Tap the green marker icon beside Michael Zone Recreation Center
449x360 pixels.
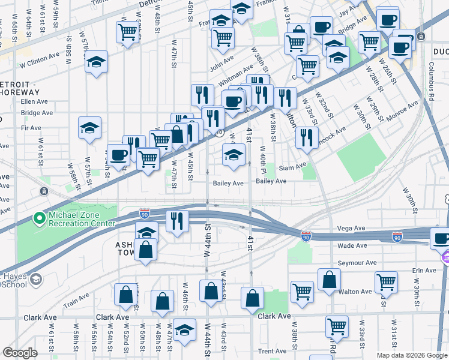40,219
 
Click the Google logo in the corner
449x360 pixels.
20,353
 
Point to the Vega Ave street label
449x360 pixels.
351,229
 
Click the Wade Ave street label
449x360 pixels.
352,245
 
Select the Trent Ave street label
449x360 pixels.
272,352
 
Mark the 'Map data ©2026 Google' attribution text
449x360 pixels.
412,355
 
